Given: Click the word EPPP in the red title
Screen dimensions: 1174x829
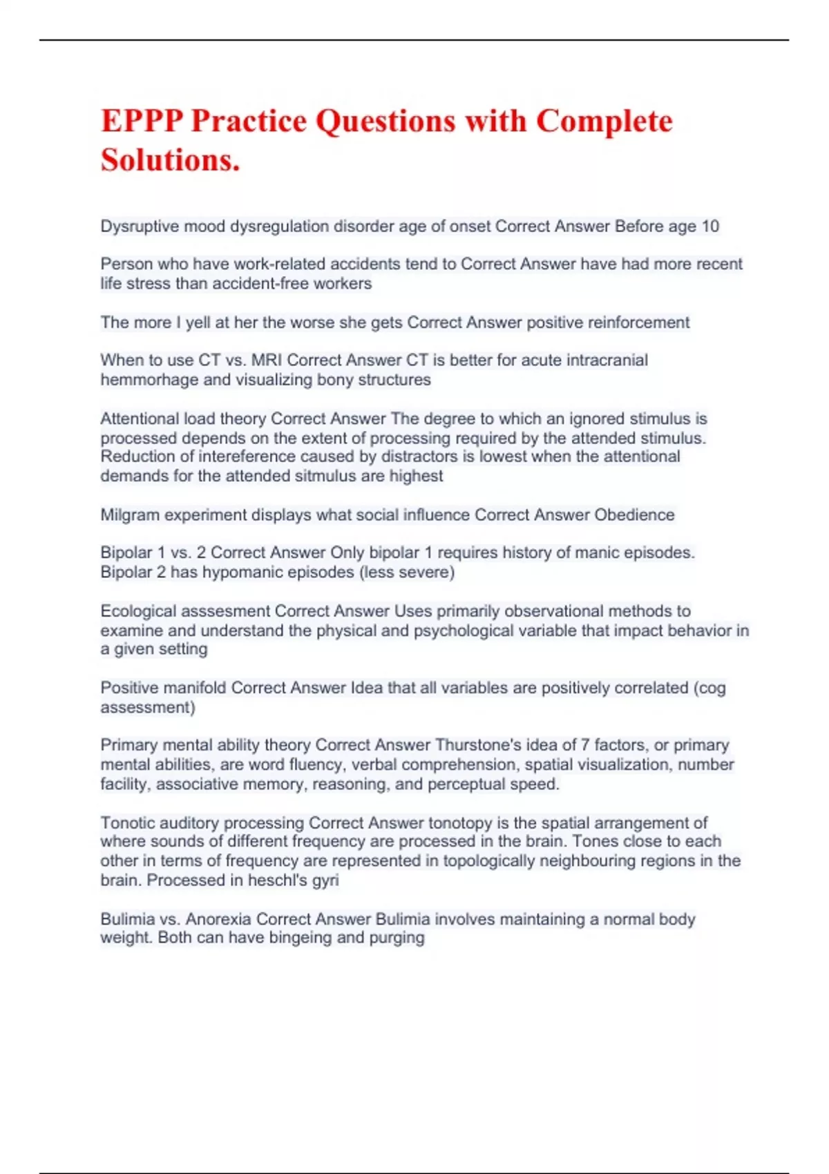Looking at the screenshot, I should coord(142,121).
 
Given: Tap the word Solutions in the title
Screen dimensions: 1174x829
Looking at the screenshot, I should coord(170,160).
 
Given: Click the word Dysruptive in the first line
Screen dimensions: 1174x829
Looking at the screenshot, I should coord(140,227).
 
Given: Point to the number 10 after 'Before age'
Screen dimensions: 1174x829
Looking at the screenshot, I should coord(709,227).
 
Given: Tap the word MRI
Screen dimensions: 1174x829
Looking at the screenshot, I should coord(267,360).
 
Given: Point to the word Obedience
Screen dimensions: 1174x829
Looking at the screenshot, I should coord(634,515).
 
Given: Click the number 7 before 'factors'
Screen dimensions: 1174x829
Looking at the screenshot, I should coord(585,745).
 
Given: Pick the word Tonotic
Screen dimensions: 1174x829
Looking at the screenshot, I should coord(124,823).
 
